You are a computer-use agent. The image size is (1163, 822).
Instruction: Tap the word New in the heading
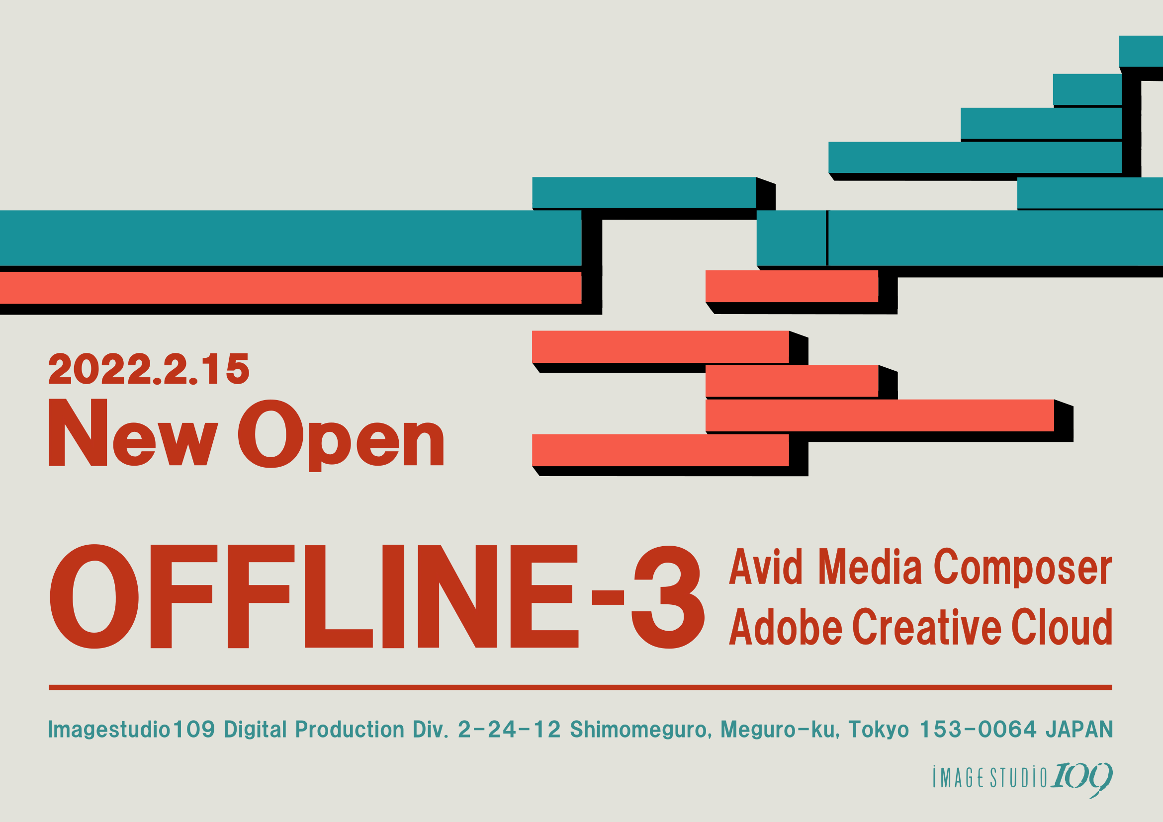pos(133,432)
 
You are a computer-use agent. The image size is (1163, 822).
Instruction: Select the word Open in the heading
pos(341,435)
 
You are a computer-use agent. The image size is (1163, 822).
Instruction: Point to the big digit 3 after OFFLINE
pos(668,597)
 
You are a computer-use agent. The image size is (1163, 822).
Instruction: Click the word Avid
pos(765,567)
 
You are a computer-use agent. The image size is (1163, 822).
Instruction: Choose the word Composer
pos(1023,569)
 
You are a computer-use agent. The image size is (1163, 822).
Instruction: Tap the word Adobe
pos(786,627)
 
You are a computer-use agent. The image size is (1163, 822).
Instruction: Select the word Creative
pos(927,627)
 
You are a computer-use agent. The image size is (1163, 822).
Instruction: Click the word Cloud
pos(1062,627)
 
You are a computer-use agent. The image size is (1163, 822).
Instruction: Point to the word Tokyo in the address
pos(879,730)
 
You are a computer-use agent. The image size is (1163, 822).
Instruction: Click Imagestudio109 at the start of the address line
pos(131,730)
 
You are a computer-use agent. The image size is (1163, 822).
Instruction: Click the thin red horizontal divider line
pos(580,687)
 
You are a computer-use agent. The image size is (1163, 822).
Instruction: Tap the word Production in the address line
pos(350,730)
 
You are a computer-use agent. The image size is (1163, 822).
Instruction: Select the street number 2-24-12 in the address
pos(509,730)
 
